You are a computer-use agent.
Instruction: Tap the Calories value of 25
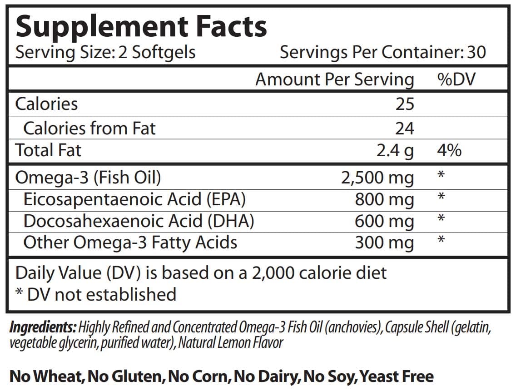click(x=404, y=104)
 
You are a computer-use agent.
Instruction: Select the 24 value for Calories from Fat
click(x=404, y=128)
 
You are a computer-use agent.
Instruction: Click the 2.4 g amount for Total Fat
click(x=395, y=150)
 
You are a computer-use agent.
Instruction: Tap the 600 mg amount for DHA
click(x=384, y=221)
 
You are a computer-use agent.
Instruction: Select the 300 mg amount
click(x=384, y=243)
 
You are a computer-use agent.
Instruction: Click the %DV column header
click(x=456, y=79)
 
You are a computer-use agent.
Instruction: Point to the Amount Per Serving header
click(x=335, y=79)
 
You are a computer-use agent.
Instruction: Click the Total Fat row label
click(x=48, y=150)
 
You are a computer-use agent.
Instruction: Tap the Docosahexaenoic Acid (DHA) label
click(x=139, y=221)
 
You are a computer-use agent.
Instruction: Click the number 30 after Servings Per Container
click(x=476, y=52)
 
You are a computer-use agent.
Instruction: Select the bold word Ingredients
click(x=43, y=327)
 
